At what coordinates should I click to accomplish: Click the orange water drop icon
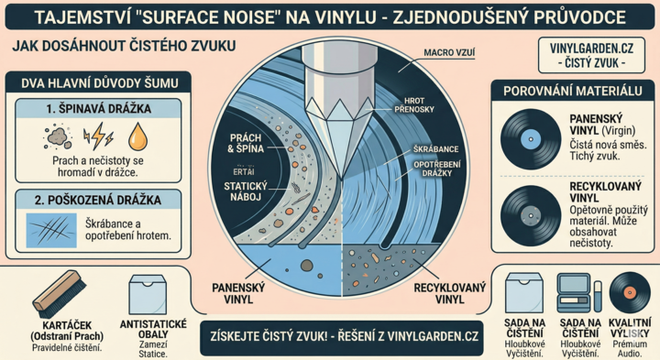(136, 137)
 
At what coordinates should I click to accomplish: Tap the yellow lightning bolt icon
(97, 137)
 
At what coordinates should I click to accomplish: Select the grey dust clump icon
(59, 137)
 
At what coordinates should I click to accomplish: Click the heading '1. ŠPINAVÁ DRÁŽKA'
(99, 111)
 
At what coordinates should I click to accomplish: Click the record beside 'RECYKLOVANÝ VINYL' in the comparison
(531, 213)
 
